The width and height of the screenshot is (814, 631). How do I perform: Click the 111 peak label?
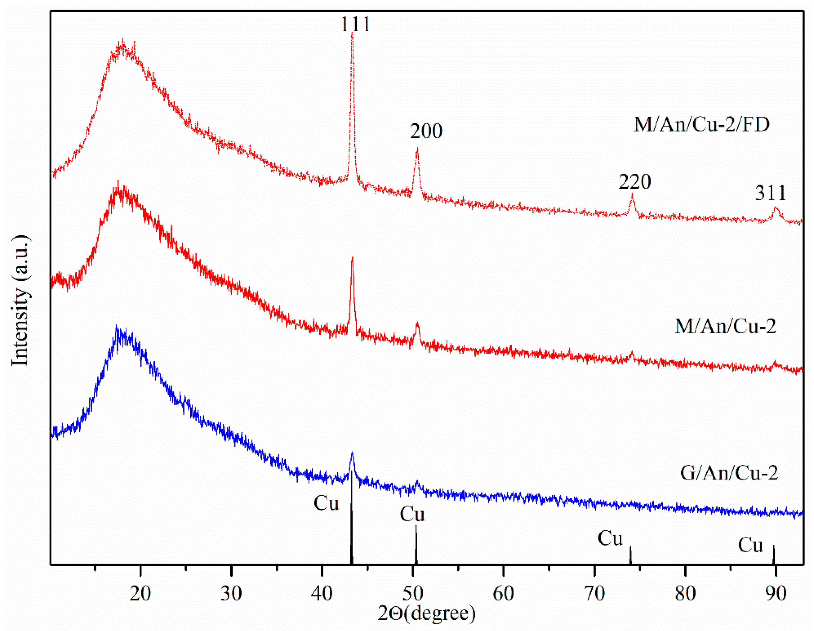[x=355, y=25]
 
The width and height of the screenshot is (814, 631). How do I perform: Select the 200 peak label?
[x=426, y=131]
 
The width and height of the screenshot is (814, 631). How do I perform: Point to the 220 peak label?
[x=635, y=182]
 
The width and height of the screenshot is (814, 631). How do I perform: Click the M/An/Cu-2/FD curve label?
[x=702, y=125]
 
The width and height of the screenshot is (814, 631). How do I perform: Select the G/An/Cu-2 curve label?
[x=729, y=473]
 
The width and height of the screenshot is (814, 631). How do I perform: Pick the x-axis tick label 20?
[x=140, y=593]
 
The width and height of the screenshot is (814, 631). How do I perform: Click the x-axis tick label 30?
[x=231, y=593]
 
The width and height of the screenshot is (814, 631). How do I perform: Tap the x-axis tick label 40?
[x=322, y=593]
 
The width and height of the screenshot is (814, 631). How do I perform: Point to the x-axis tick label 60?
[x=503, y=593]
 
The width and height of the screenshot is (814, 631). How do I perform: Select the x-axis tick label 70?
[x=594, y=593]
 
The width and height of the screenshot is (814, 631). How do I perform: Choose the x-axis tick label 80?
[x=685, y=593]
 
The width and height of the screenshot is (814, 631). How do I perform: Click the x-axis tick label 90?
[x=776, y=593]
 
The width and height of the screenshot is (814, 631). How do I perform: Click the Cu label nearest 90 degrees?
[x=751, y=545]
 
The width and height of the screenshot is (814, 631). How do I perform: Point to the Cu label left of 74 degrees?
[x=610, y=538]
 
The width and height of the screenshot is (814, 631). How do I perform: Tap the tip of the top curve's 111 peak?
[x=352, y=33]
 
